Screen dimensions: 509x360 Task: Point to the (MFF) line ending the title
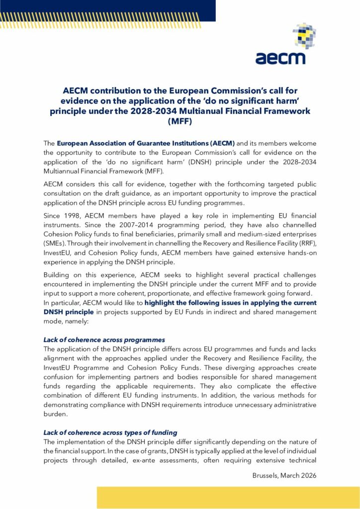pos(180,121)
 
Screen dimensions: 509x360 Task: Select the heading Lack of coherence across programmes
pos(104,340)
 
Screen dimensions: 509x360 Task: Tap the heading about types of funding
pos(110,433)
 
